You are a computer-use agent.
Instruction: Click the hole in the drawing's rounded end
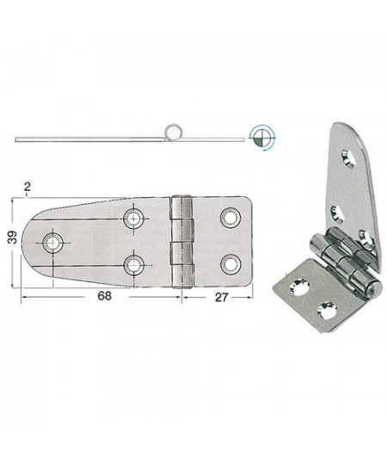(x=54, y=243)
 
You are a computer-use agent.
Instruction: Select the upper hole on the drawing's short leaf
(x=230, y=218)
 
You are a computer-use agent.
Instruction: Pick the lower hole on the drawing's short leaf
(x=230, y=263)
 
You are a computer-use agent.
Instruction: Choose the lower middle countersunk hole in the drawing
(x=133, y=263)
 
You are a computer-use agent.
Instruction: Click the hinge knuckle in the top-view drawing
(x=181, y=241)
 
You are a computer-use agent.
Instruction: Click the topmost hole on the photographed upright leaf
(x=347, y=157)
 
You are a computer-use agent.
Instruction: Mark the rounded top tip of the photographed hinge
(x=341, y=128)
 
